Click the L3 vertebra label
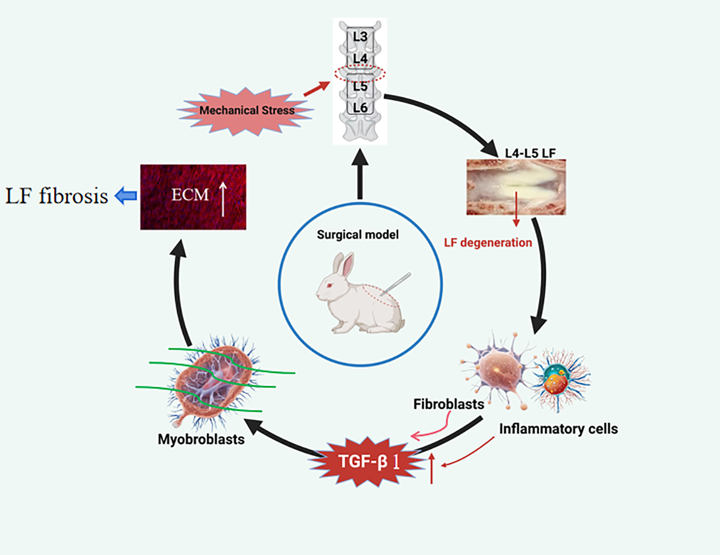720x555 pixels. [x=360, y=37]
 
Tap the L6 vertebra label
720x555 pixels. [x=360, y=108]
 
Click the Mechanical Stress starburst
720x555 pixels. [x=246, y=110]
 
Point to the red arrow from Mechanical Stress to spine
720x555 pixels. [x=317, y=88]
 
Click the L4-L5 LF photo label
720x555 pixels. [x=530, y=153]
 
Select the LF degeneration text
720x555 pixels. [x=488, y=242]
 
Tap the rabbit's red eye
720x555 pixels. [x=329, y=285]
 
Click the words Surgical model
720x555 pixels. [x=358, y=235]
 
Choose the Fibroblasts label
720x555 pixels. [x=448, y=405]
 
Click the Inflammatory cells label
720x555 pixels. [x=558, y=429]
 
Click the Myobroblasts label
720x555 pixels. [x=201, y=439]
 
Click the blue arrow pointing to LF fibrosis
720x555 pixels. [x=126, y=196]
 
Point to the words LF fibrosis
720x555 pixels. [x=57, y=196]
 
